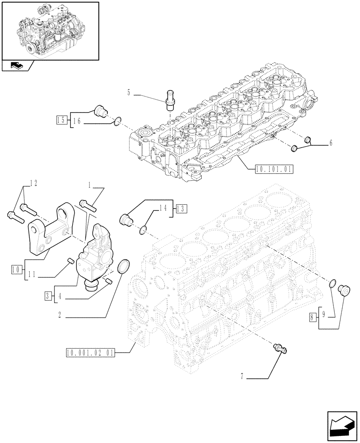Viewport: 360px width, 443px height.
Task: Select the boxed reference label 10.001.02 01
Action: click(90, 353)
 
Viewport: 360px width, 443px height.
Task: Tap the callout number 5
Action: click(129, 93)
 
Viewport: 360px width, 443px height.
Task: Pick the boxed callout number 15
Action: click(62, 120)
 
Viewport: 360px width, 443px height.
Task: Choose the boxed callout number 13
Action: click(181, 208)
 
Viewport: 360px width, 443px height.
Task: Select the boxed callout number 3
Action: click(47, 295)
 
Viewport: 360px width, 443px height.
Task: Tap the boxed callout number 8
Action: click(313, 316)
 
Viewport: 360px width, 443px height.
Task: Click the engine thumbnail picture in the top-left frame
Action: click(50, 30)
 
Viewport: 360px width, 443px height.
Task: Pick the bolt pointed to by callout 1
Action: click(88, 205)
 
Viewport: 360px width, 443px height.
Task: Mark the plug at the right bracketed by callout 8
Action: click(343, 291)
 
